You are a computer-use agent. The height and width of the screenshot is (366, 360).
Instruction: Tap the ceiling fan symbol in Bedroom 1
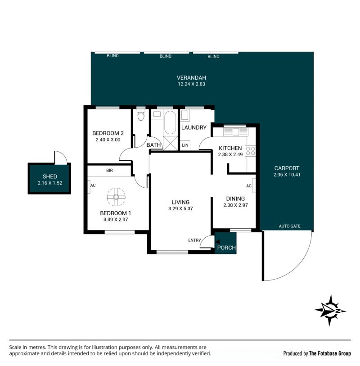coord(116,197)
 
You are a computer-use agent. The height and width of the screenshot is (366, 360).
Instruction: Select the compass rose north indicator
coord(330,311)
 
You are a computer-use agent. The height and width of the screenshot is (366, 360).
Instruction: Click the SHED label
coord(49,176)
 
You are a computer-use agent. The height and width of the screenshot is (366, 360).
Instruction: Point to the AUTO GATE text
coord(289,226)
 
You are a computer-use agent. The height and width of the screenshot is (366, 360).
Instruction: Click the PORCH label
coord(226,248)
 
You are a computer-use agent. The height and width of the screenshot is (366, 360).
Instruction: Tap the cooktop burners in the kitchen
coord(250,150)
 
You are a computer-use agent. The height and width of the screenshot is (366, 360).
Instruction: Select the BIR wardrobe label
coord(109,171)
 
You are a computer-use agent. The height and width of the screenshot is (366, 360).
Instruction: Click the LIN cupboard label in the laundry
coord(185,145)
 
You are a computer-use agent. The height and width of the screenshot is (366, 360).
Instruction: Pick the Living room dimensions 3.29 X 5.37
coord(180,209)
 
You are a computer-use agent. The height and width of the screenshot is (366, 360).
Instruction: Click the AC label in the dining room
coord(249,186)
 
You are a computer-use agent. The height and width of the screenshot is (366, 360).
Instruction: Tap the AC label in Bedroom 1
coord(93,185)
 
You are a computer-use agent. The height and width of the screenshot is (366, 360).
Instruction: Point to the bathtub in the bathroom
coord(170,123)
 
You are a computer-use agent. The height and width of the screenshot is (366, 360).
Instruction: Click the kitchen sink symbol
coord(236,131)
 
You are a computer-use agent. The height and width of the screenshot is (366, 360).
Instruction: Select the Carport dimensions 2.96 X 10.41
coord(287,175)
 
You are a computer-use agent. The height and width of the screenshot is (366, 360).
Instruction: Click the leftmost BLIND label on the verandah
coord(112,56)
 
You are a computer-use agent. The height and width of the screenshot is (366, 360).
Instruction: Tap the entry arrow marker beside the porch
coord(217,242)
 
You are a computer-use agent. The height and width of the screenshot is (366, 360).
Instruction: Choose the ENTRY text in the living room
coord(194,240)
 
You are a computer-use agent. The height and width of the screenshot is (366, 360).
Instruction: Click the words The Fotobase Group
coord(330,353)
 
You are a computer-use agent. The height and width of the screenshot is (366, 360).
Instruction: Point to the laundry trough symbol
coord(185,115)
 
